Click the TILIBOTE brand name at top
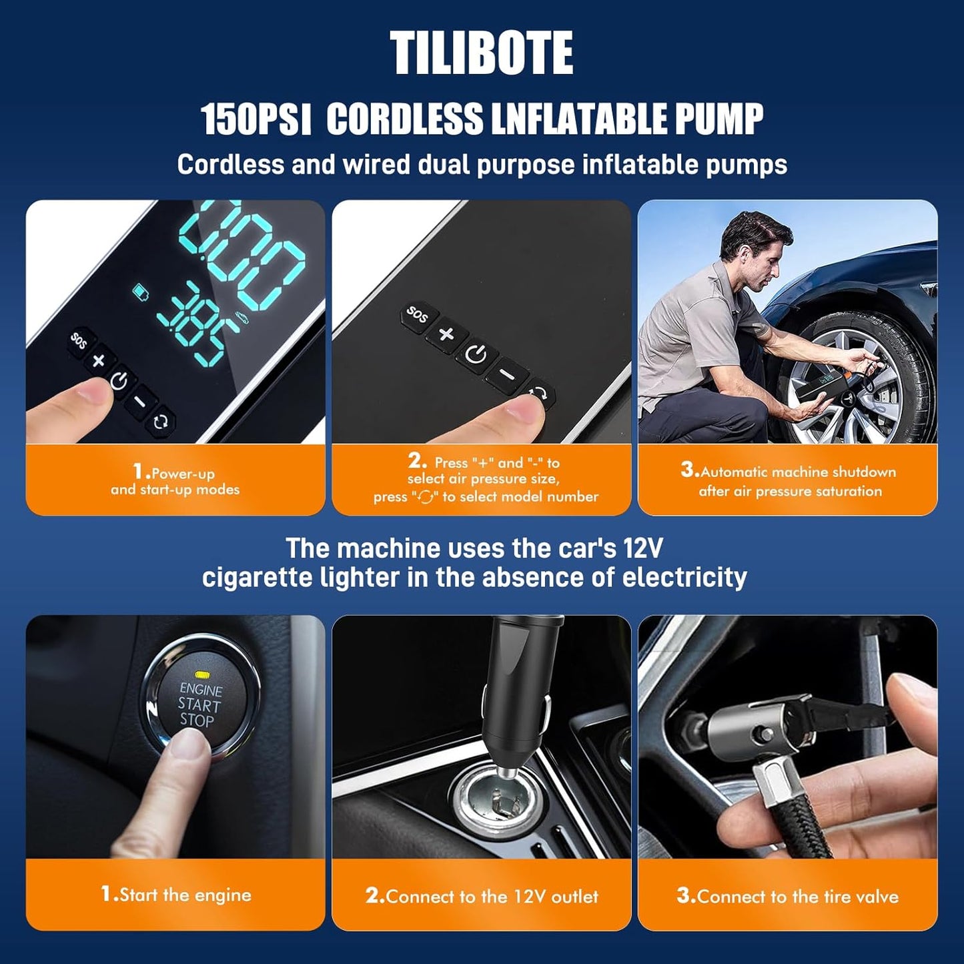[481, 53]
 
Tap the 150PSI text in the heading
[256, 120]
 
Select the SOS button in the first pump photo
[79, 341]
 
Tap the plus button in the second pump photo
[446, 334]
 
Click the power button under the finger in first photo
[119, 382]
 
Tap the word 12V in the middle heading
[642, 548]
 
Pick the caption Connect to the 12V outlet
[482, 896]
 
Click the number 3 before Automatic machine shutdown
[688, 470]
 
